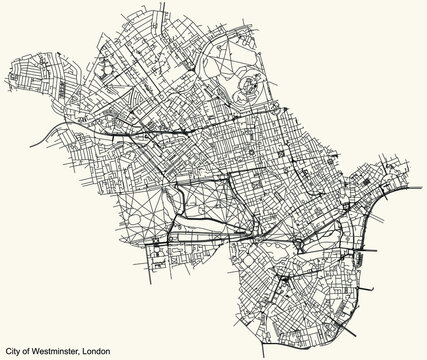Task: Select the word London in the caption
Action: tap(97, 352)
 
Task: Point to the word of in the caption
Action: tap(31, 352)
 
